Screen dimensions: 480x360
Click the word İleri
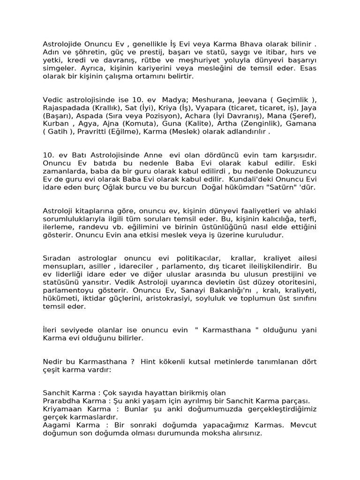click(50, 330)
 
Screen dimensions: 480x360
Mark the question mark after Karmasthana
click(133, 361)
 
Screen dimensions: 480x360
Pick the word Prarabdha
click(60, 401)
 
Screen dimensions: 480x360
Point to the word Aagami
click(56, 425)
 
